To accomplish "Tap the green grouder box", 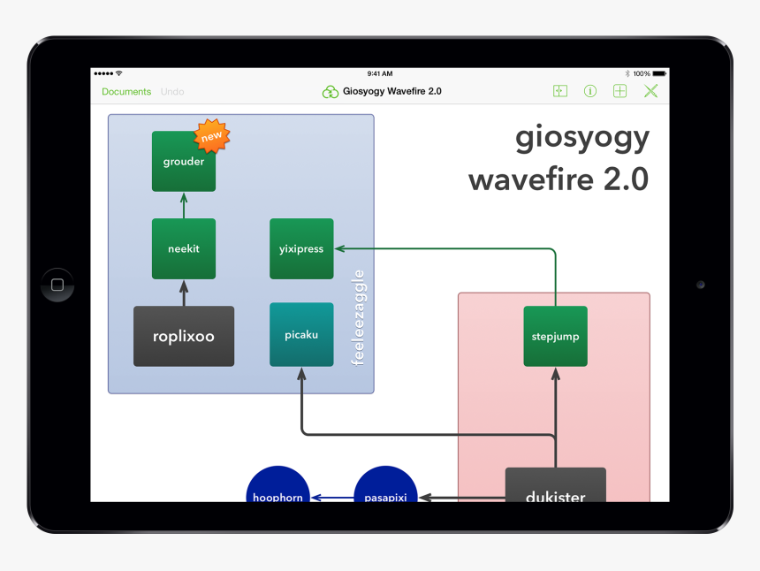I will pyautogui.click(x=183, y=162).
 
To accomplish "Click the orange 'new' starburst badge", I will pyautogui.click(x=212, y=136).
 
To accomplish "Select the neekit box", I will pyautogui.click(x=183, y=248).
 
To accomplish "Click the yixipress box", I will pyautogui.click(x=301, y=248).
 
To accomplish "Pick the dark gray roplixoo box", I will pyautogui.click(x=184, y=336).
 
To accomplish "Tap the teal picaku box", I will pyautogui.click(x=301, y=335).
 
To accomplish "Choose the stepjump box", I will pyautogui.click(x=555, y=336).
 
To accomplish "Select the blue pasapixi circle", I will pyautogui.click(x=385, y=487).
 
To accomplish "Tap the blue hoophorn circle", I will pyautogui.click(x=277, y=487).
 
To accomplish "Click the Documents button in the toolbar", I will pyautogui.click(x=126, y=92).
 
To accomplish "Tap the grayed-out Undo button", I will pyautogui.click(x=172, y=92).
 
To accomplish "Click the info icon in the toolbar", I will pyautogui.click(x=590, y=91).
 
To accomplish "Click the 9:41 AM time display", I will pyautogui.click(x=380, y=73).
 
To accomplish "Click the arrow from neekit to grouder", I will pyautogui.click(x=184, y=205).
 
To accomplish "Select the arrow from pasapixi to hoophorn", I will pyautogui.click(x=331, y=499).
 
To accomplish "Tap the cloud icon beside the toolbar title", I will pyautogui.click(x=331, y=92).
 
